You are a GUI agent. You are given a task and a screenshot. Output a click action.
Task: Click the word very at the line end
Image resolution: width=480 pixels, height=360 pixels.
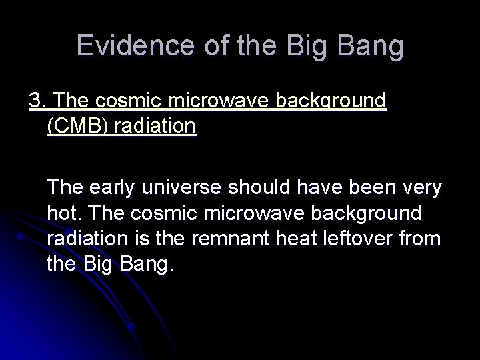(419, 188)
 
